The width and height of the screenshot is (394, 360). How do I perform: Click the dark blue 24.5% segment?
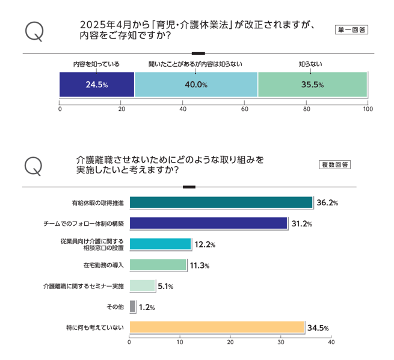[x=96, y=84]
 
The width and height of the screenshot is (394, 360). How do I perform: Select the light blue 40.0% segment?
[x=196, y=84]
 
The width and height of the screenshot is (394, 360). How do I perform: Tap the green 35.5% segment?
[x=312, y=84]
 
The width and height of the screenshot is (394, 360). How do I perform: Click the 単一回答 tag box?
[x=351, y=30]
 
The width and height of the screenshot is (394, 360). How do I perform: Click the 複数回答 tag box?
[x=334, y=165]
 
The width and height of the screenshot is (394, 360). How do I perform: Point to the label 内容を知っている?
[x=96, y=63]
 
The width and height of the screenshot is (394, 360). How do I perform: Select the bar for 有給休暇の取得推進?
[x=221, y=203]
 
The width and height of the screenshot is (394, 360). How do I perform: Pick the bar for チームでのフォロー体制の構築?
[x=208, y=223]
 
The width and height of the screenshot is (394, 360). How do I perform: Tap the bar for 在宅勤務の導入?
[x=158, y=265]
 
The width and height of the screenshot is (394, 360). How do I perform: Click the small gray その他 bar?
[x=132, y=307]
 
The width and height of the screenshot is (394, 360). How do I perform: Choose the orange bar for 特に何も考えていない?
[x=217, y=327]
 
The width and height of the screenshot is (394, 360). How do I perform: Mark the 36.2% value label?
[x=327, y=203]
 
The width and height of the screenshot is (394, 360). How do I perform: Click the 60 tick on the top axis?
[x=245, y=110]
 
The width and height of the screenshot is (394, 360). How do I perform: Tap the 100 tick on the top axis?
[x=368, y=110]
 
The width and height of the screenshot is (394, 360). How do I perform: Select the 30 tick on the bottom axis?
[x=281, y=341]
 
